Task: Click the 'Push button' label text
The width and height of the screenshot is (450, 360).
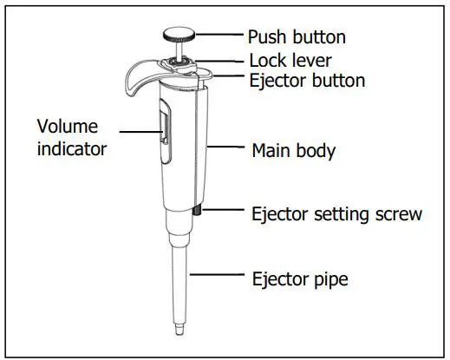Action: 297,37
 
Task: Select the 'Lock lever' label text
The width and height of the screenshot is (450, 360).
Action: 290,61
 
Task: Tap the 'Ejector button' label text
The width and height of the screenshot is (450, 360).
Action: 306,82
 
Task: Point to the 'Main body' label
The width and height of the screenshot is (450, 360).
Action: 293,150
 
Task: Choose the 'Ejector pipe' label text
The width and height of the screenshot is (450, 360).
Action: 299,278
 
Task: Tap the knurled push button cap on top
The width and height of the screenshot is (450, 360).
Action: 179,36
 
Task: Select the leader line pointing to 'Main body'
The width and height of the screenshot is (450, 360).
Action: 225,147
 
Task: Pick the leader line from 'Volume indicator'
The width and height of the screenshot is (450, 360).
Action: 139,132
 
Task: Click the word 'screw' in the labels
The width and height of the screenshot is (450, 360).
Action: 398,213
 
